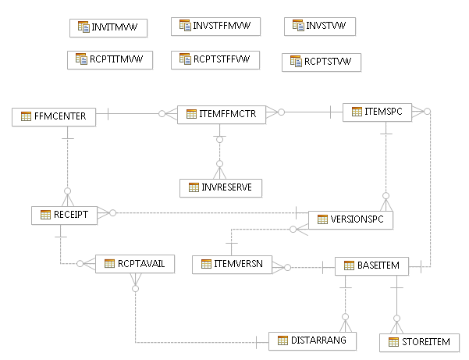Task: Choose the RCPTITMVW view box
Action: (109, 59)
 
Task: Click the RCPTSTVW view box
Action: (321, 61)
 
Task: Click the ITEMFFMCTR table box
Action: (222, 115)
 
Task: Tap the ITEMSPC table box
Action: (378, 112)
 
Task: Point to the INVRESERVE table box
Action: (221, 187)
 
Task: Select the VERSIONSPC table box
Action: (350, 220)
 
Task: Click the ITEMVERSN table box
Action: (232, 265)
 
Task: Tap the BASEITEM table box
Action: (371, 266)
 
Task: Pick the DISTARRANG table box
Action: (313, 340)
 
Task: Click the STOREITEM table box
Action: (419, 342)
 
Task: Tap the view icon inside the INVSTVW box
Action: (297, 26)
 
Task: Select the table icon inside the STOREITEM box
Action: (394, 342)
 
